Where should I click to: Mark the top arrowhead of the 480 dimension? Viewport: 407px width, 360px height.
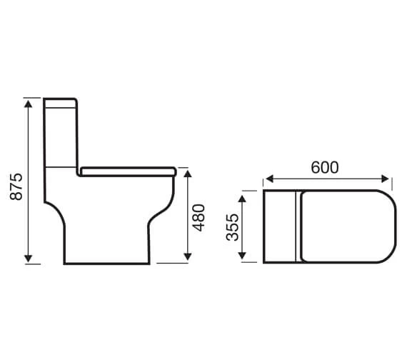(187, 173)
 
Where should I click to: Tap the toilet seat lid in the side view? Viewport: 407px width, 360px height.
(129, 171)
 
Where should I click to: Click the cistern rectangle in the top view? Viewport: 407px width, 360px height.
(278, 226)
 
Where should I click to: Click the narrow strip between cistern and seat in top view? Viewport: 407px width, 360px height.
(296, 226)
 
